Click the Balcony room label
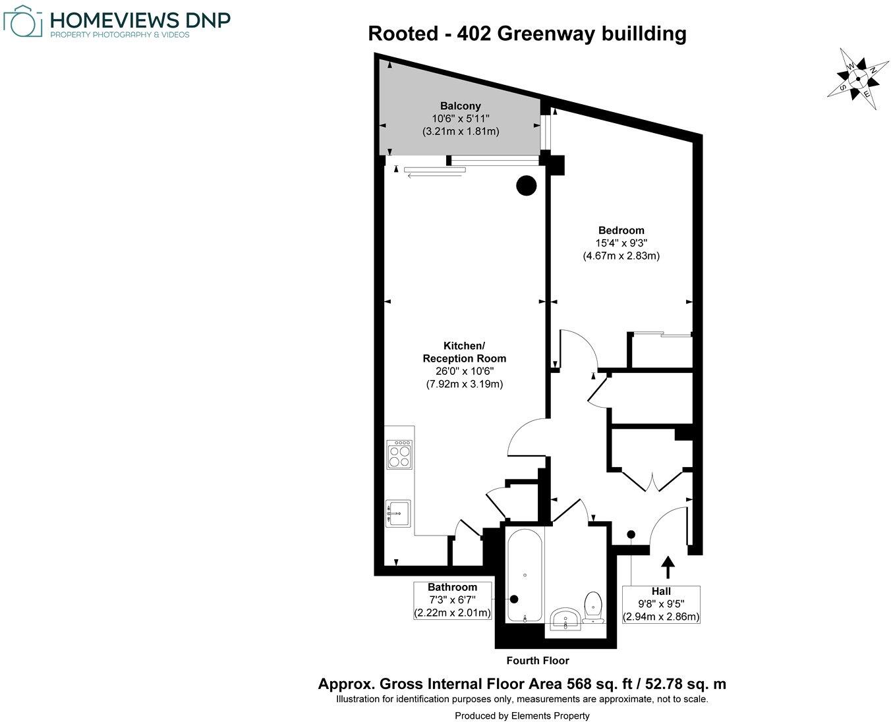[x=461, y=105]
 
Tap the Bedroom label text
[x=621, y=231]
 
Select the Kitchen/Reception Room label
[x=464, y=352]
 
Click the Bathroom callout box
[x=452, y=600]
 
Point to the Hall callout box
[x=661, y=604]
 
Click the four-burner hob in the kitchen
[x=399, y=456]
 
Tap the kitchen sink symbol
[x=398, y=512]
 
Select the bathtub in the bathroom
[x=525, y=575]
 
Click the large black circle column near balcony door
[x=527, y=186]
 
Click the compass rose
[x=858, y=78]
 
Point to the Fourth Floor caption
[x=537, y=661]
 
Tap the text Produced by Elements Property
[x=522, y=715]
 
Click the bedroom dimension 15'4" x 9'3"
[x=621, y=243]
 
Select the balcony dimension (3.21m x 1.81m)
[x=461, y=131]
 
